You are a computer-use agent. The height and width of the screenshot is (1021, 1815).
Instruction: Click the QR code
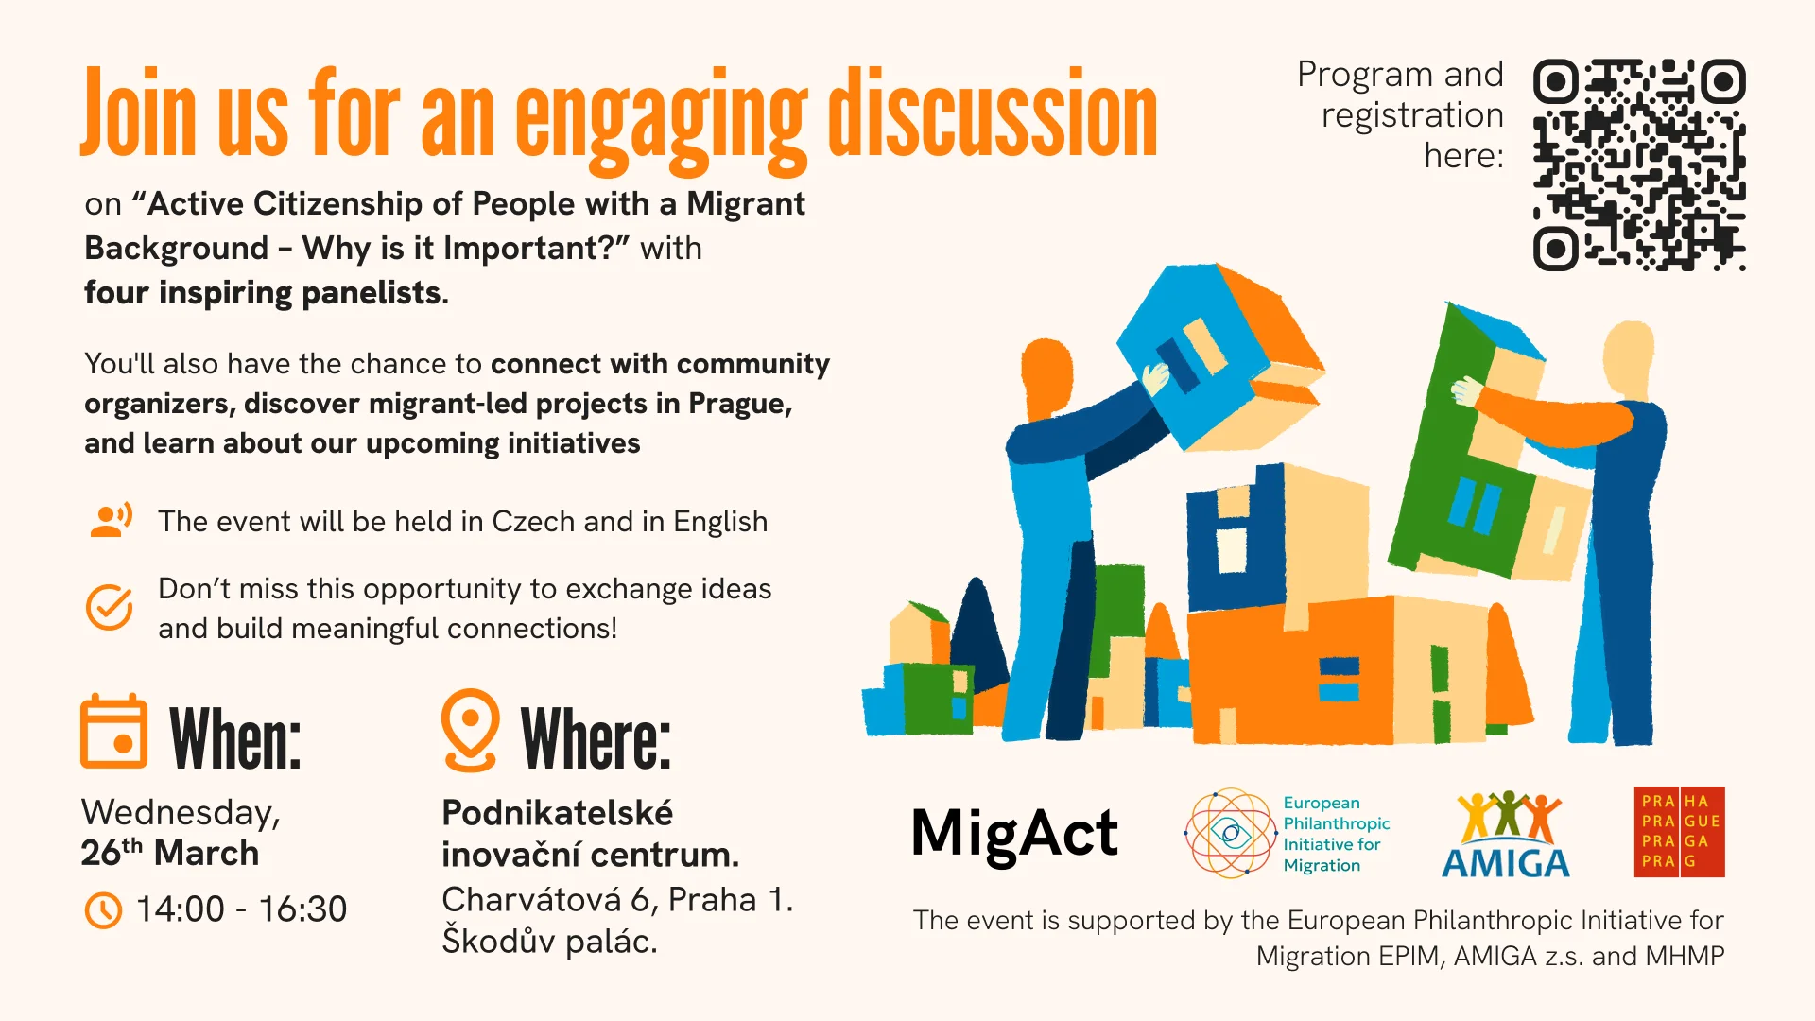pos(1639,165)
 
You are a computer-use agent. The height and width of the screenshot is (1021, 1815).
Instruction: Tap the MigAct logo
pos(1014,834)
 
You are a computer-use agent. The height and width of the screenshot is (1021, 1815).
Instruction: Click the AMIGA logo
pos(1506,834)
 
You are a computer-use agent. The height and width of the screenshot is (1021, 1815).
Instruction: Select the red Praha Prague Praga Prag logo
pos(1680,832)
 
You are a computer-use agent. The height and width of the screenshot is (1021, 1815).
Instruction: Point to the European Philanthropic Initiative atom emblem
pos(1231,833)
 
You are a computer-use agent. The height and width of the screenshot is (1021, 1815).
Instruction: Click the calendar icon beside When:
pos(113,732)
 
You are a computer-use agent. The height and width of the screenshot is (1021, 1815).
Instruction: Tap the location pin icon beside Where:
pos(470,731)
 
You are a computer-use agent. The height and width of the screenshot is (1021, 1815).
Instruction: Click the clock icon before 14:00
pos(103,910)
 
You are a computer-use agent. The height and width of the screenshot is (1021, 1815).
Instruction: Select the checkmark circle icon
pos(110,607)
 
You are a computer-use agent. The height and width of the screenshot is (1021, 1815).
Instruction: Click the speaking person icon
pos(111,520)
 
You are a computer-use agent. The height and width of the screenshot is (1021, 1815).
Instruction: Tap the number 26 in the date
pos(100,853)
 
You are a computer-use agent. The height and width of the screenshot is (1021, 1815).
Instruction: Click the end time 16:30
pos(302,909)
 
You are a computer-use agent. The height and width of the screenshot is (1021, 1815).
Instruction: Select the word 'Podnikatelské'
pos(558,813)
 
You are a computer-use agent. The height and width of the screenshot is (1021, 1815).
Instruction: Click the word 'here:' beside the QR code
pos(1463,156)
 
